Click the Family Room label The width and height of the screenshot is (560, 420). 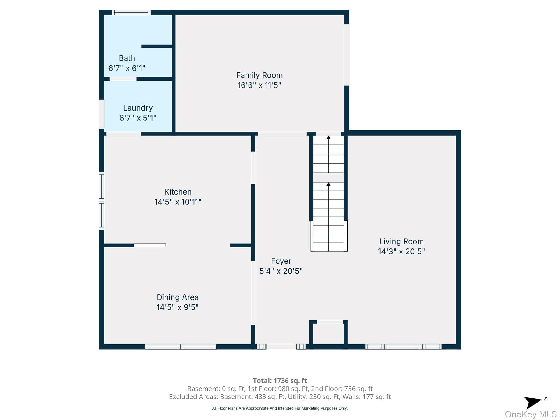click(259, 75)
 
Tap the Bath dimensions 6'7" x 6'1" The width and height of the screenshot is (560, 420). click(127, 68)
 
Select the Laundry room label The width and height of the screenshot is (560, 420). click(138, 108)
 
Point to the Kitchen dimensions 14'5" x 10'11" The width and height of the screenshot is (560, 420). click(178, 202)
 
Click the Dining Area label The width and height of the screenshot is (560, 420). click(178, 297)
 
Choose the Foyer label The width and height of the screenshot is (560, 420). click(281, 261)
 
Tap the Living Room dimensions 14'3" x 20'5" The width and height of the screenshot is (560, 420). click(401, 251)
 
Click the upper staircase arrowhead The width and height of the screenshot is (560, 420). click(328, 137)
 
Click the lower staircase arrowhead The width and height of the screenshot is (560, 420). click(328, 184)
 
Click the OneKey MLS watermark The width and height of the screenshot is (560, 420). click(531, 414)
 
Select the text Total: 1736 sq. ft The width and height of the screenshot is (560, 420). click(280, 381)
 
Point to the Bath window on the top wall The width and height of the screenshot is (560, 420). click(131, 12)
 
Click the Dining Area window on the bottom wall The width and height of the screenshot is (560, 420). click(181, 347)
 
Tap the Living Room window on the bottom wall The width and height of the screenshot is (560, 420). click(403, 347)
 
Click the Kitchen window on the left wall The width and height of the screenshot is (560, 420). click(101, 201)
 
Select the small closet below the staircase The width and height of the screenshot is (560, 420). click(328, 333)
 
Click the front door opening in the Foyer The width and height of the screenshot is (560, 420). click(281, 347)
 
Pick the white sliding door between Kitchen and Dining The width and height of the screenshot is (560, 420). click(150, 245)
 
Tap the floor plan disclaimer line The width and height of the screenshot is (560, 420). click(280, 408)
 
